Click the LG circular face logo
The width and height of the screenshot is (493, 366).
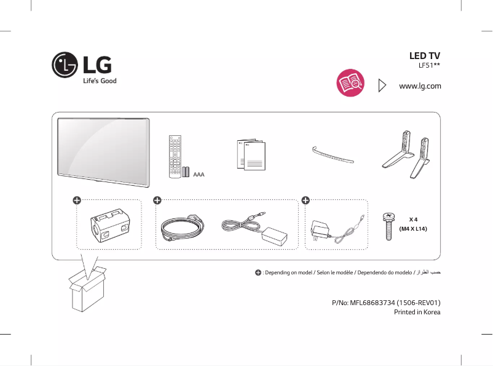pyautogui.click(x=65, y=65)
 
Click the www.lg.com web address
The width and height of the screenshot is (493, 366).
pyautogui.click(x=420, y=86)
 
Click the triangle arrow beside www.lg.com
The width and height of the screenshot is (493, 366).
pyautogui.click(x=382, y=85)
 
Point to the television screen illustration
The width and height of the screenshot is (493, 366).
pyautogui.click(x=103, y=150)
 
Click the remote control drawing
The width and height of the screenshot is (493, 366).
pyautogui.click(x=175, y=157)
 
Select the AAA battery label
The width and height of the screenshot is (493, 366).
pyautogui.click(x=199, y=175)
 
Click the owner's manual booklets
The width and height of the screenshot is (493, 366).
pyautogui.click(x=251, y=156)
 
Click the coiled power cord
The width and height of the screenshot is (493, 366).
pyautogui.click(x=182, y=228)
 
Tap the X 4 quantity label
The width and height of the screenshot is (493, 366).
pyautogui.click(x=413, y=219)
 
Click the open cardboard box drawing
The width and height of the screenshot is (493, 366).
pyautogui.click(x=86, y=292)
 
